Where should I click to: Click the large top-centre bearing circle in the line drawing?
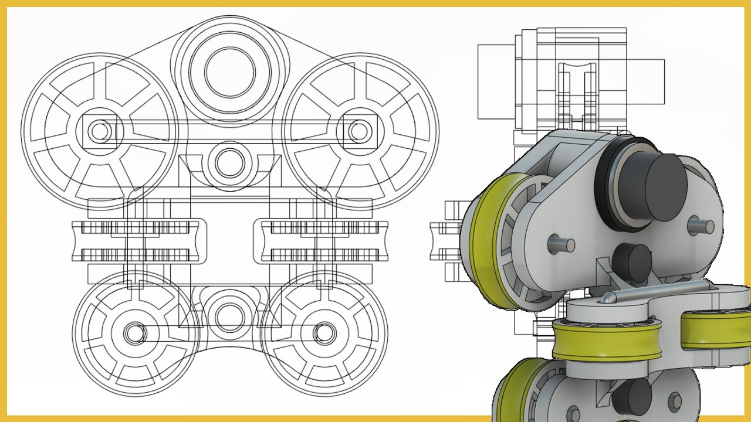click(230, 73)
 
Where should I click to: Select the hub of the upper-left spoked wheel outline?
click(100, 131)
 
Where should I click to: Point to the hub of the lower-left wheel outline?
click(135, 333)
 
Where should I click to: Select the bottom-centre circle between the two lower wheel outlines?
click(229, 316)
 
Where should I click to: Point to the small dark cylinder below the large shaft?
click(631, 261)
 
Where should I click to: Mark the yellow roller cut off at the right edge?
click(716, 334)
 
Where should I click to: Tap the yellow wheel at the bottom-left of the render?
click(516, 393)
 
